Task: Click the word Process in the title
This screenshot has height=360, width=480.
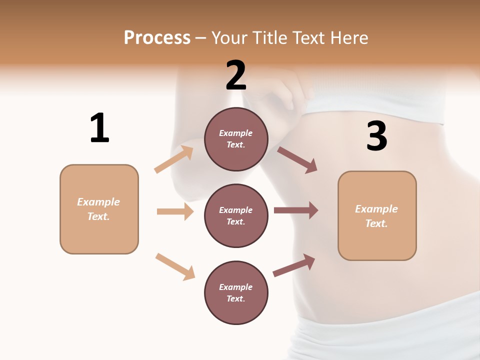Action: click(157, 38)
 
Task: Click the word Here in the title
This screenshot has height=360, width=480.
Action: click(348, 38)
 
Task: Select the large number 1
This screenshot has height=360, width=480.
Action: click(99, 128)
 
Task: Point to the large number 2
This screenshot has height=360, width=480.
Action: click(236, 75)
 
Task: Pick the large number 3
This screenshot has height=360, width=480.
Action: click(376, 136)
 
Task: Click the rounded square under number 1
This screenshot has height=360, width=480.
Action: click(99, 209)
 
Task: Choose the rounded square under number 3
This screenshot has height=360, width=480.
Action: click(377, 216)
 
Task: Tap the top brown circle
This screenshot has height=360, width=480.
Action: click(236, 139)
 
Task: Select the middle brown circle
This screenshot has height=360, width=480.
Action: click(236, 215)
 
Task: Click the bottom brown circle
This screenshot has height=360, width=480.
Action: click(236, 292)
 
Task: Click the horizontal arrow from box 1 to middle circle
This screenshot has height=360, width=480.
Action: click(175, 211)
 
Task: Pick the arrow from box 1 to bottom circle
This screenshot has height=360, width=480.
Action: click(175, 266)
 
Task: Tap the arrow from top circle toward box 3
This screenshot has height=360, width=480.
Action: click(297, 159)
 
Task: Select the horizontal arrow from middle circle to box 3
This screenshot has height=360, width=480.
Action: click(295, 210)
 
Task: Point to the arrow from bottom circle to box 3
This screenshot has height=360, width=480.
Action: click(294, 265)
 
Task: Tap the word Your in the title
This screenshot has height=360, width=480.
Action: click(228, 38)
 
